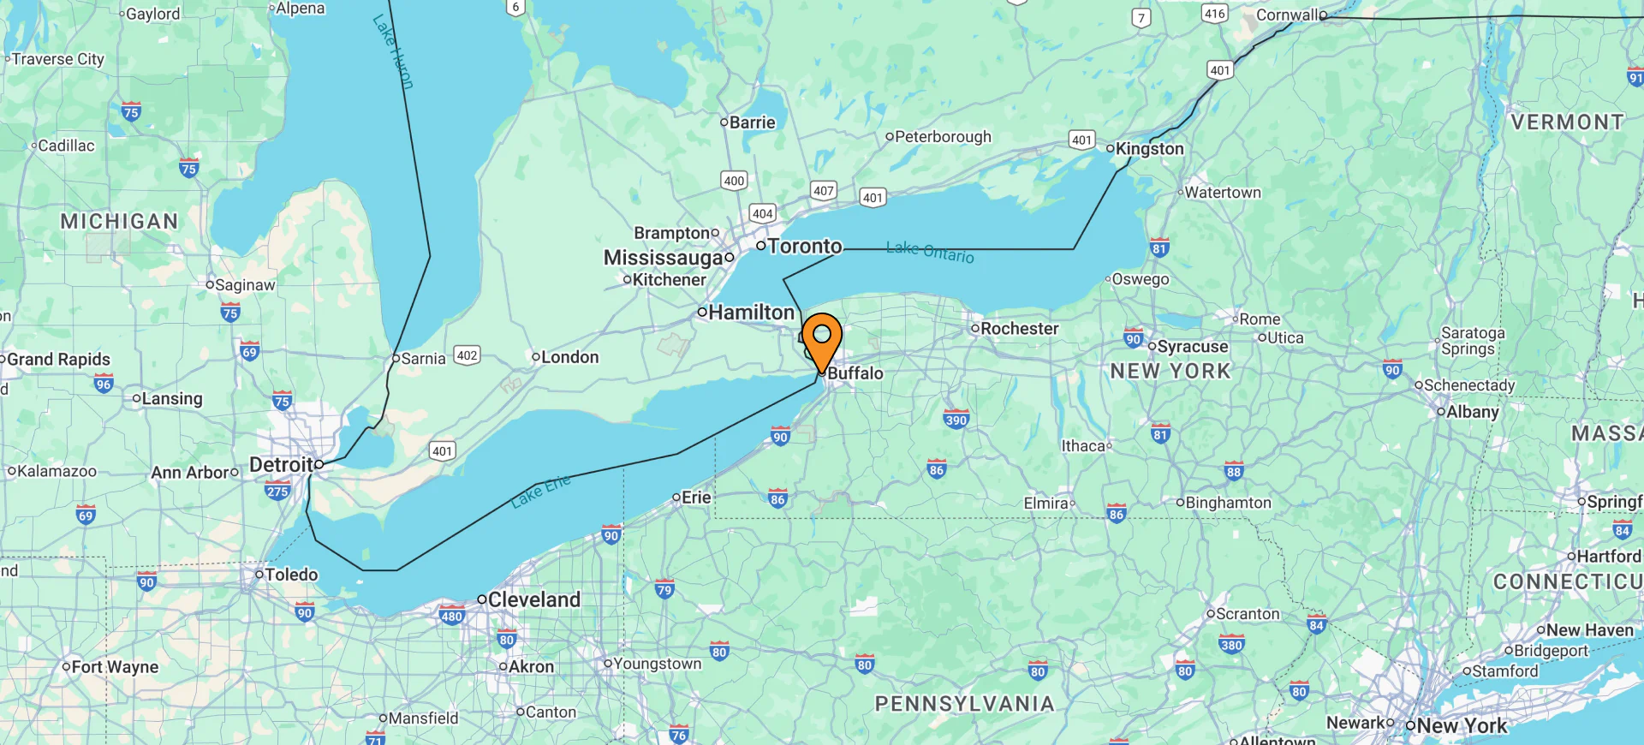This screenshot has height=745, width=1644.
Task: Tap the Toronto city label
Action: click(x=804, y=247)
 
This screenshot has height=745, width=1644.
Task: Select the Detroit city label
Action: click(x=281, y=465)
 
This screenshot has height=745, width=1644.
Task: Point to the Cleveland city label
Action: click(x=533, y=599)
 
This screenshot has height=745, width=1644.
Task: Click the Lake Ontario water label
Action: click(x=930, y=252)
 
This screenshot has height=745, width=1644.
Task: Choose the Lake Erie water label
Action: click(x=541, y=492)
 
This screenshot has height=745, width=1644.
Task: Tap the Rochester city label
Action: click(x=1019, y=329)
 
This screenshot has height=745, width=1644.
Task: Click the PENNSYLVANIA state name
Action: click(x=964, y=704)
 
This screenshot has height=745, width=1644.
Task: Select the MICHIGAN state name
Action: click(x=119, y=222)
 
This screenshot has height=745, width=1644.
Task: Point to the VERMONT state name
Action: click(x=1567, y=122)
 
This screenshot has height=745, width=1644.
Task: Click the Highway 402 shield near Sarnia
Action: click(x=467, y=355)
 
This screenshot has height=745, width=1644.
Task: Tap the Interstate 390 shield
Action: click(x=956, y=420)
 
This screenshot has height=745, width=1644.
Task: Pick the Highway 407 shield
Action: click(x=823, y=191)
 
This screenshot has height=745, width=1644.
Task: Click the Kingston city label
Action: click(x=1149, y=149)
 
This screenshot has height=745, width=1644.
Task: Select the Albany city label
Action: click(x=1472, y=412)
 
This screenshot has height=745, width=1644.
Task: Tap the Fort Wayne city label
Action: click(x=115, y=667)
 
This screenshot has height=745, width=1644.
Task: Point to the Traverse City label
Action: click(x=57, y=59)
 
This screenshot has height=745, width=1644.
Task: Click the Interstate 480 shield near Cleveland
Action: click(x=451, y=616)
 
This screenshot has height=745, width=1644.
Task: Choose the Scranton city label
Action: click(x=1247, y=614)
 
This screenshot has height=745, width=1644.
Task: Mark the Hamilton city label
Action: click(x=751, y=313)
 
